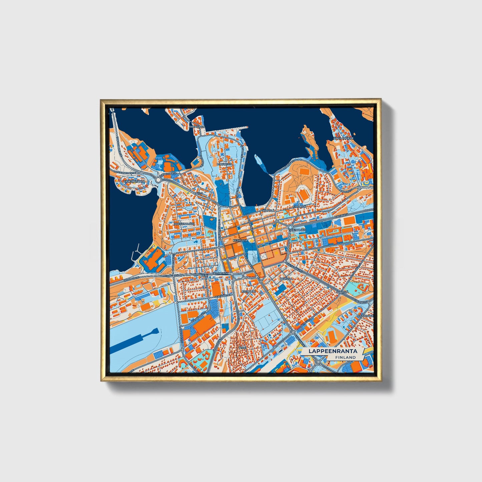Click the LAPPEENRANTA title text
click(333, 351)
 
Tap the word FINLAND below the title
click(346, 357)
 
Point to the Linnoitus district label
click(224, 164)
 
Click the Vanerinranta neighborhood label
click(134, 181)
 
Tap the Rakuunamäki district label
click(184, 224)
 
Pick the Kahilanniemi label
click(343, 138)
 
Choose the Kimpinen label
click(299, 207)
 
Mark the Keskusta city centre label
click(240, 240)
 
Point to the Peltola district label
click(286, 279)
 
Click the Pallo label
click(199, 193)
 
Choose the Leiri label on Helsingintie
click(204, 275)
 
